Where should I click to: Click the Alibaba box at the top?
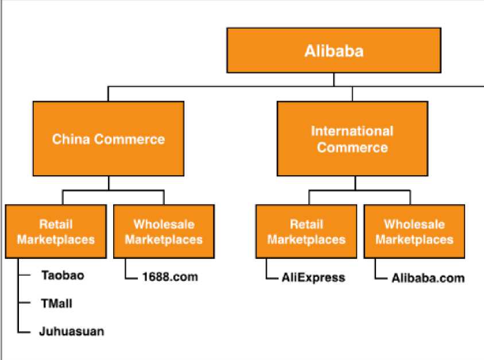(334, 51)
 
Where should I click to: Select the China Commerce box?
(109, 138)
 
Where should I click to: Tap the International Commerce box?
(352, 138)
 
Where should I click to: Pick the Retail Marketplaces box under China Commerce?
(56, 231)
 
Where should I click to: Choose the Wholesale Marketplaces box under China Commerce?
(164, 231)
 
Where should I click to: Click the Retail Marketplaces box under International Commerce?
(306, 231)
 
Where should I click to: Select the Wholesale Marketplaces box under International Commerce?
(414, 231)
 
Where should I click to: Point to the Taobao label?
(63, 275)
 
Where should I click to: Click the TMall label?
(56, 303)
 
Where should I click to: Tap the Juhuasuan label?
(71, 331)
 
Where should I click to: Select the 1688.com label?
(169, 277)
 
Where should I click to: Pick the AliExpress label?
(313, 278)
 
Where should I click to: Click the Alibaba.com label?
(428, 278)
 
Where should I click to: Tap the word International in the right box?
(352, 131)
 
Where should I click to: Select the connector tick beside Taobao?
(24, 275)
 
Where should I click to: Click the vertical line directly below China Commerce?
(109, 183)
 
